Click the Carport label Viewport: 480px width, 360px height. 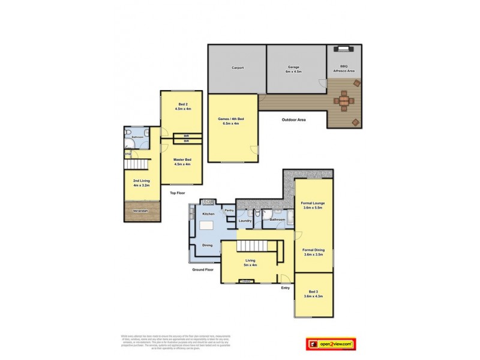[237, 68]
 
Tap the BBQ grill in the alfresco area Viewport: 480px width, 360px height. [344, 52]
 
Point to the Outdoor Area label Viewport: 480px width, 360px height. [294, 120]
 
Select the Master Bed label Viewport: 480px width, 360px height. [182, 161]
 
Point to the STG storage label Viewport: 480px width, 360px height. [128, 155]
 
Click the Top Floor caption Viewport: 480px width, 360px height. [178, 193]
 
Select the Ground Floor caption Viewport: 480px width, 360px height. [203, 270]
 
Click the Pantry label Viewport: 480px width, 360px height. [229, 211]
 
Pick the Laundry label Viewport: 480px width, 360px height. [245, 220]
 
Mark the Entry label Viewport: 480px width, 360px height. [285, 287]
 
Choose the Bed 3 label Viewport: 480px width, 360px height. [313, 294]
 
